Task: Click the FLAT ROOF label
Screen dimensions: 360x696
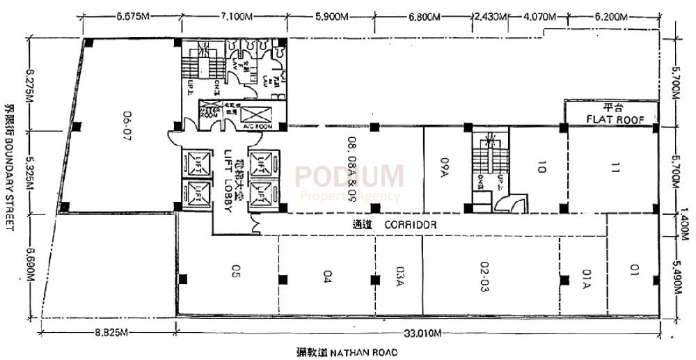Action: coord(612,118)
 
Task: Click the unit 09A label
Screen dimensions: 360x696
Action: coord(443,167)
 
